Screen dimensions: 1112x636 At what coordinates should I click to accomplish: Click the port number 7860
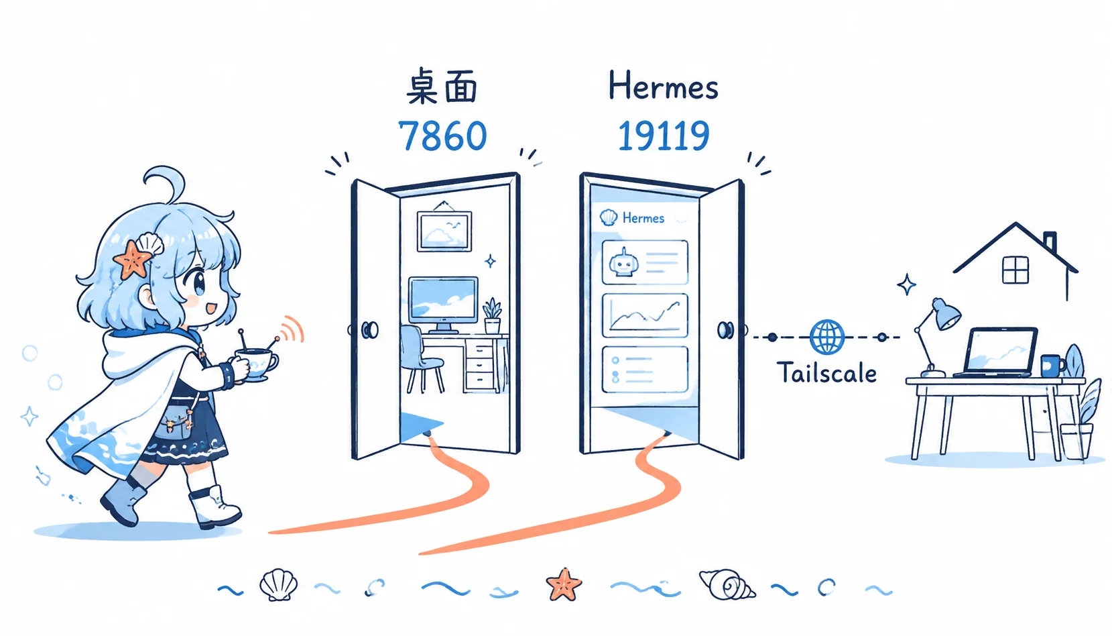coord(442,136)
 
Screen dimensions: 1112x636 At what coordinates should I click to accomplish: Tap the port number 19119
coord(663,136)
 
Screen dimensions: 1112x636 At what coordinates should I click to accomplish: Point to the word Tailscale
coord(826,372)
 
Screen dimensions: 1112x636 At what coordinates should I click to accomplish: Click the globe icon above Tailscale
coord(827,337)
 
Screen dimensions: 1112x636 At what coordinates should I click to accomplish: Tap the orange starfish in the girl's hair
coord(133,259)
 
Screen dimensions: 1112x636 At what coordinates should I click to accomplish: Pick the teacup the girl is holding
coord(256,364)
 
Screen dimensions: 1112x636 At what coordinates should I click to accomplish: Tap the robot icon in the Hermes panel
coord(624,263)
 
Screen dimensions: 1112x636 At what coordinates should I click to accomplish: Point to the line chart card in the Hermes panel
coord(645,315)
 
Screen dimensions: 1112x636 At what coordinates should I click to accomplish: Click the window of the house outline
coord(1015,270)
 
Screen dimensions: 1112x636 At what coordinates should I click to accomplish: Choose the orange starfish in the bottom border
coord(564,584)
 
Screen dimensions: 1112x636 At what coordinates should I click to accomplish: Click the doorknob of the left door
coord(370,330)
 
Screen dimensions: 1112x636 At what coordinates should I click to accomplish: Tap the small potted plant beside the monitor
coord(492,315)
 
